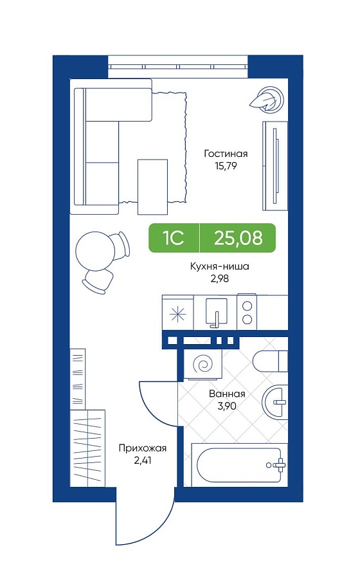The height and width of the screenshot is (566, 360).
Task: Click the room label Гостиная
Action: click(226, 154)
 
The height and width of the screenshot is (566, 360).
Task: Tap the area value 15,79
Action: click(225, 167)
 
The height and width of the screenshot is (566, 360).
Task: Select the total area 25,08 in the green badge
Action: click(238, 238)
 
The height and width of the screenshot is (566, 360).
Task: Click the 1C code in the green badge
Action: click(174, 238)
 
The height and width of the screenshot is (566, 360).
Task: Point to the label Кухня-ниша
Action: click(220, 267)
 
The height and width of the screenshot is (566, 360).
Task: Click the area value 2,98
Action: click(220, 278)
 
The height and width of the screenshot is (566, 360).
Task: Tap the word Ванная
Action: click(228, 394)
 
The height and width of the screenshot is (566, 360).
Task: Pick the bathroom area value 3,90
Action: click(227, 406)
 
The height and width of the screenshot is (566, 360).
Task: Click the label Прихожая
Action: click(143, 449)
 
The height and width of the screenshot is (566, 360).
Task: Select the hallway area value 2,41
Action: click(142, 461)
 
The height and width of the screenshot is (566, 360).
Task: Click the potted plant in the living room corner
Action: click(267, 98)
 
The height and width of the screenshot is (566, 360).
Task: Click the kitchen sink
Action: click(216, 312)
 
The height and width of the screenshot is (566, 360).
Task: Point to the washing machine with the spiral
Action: click(202, 364)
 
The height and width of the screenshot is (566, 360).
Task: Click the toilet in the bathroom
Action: click(270, 361)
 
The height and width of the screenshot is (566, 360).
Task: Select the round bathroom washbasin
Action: click(275, 401)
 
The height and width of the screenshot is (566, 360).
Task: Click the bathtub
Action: click(239, 465)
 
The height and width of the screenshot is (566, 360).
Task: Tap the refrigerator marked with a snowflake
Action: click(178, 313)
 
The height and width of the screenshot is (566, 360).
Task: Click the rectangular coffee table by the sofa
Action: click(152, 187)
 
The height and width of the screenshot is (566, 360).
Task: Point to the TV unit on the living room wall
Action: click(275, 166)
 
